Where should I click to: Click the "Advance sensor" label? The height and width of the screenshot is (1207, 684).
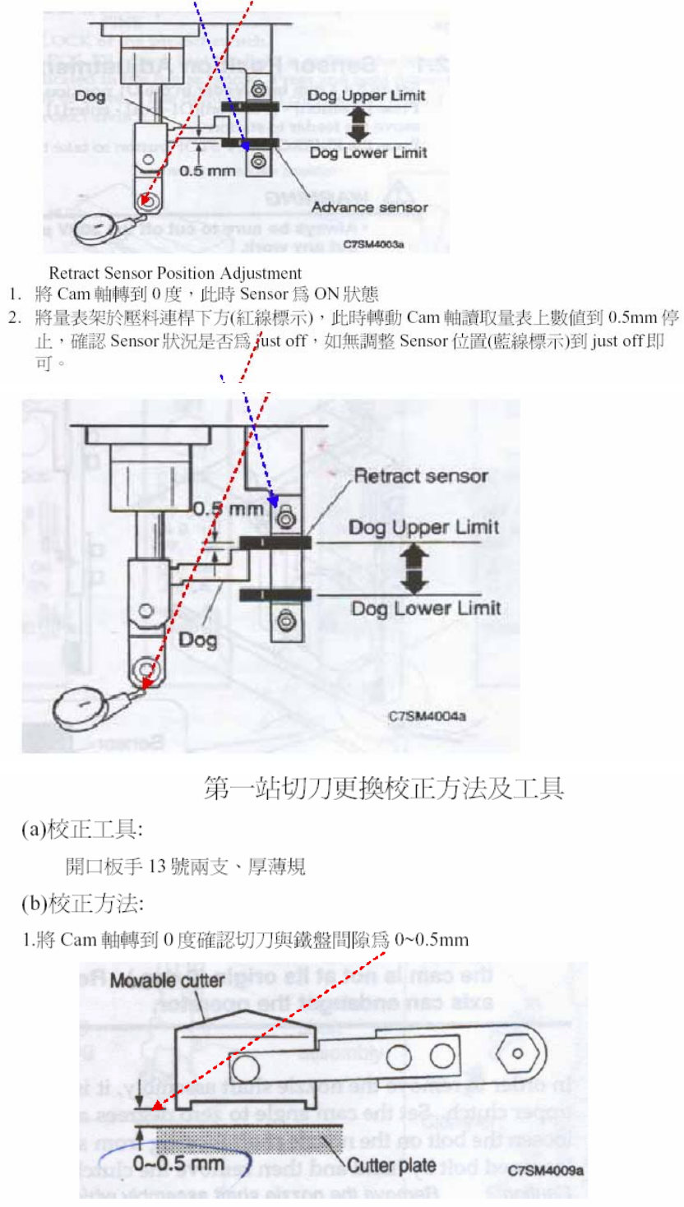[369, 207]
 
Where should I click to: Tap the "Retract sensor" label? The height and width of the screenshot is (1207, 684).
[420, 476]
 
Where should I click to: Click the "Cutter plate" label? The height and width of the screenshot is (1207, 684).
[391, 1165]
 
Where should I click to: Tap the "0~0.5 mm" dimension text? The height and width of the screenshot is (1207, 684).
[178, 1165]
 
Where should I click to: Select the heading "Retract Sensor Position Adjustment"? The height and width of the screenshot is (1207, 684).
[175, 272]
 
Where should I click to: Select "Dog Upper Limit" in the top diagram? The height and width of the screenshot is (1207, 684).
[366, 95]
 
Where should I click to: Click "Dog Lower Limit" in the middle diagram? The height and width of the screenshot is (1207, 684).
[425, 608]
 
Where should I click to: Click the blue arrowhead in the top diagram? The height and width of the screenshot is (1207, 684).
[244, 146]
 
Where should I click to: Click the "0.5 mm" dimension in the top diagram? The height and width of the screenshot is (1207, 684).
[208, 171]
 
